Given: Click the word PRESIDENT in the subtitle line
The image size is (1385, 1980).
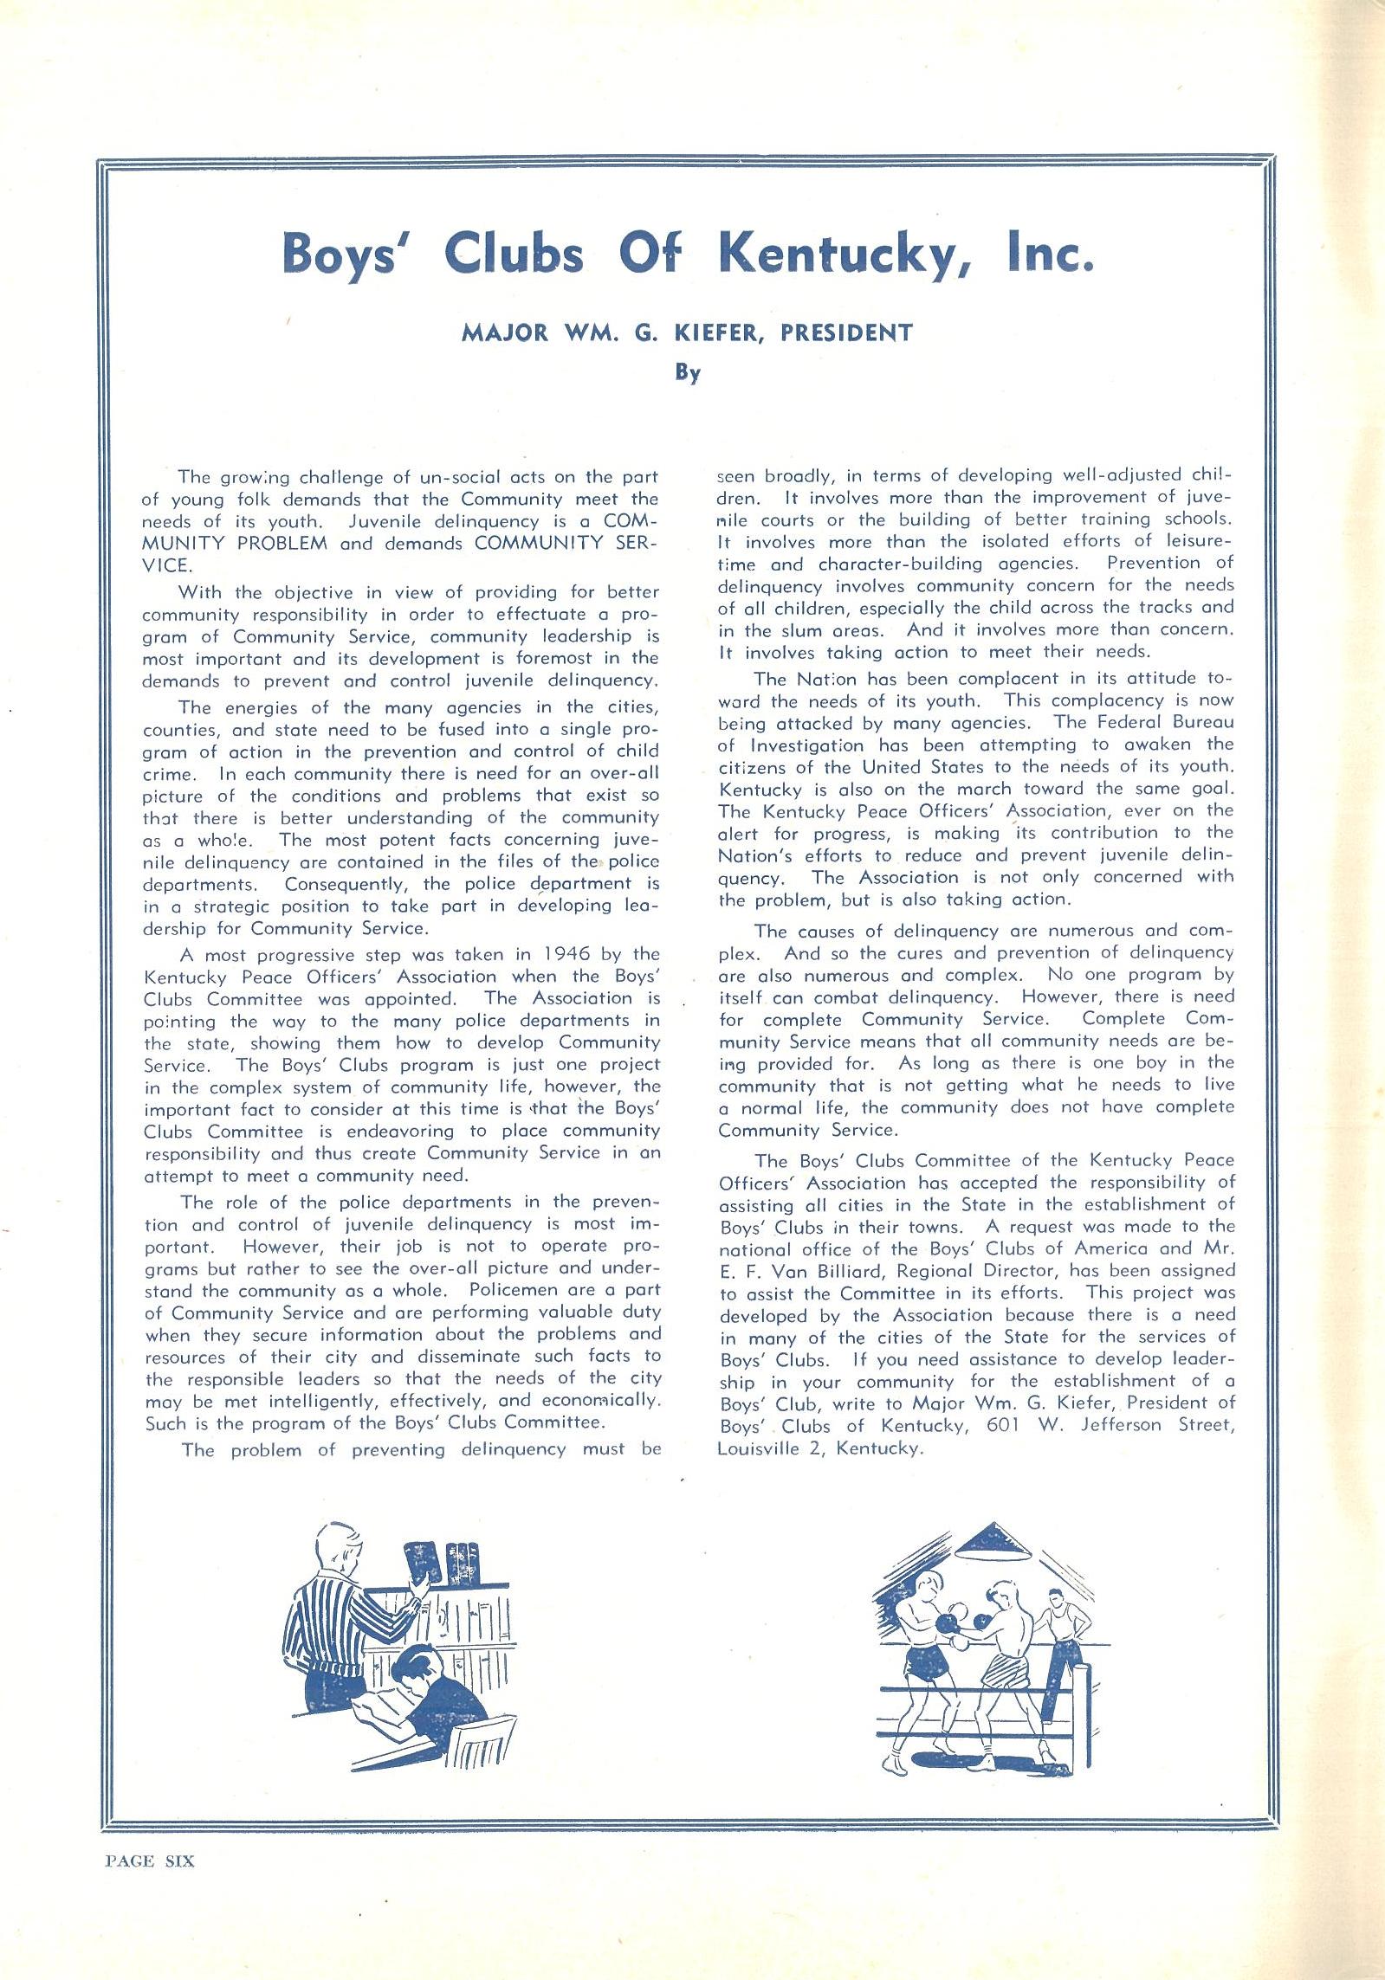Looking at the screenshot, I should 846,332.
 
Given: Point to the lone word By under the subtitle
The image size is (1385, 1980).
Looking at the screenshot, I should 688,373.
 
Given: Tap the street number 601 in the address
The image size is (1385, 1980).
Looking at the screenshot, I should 1004,1424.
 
